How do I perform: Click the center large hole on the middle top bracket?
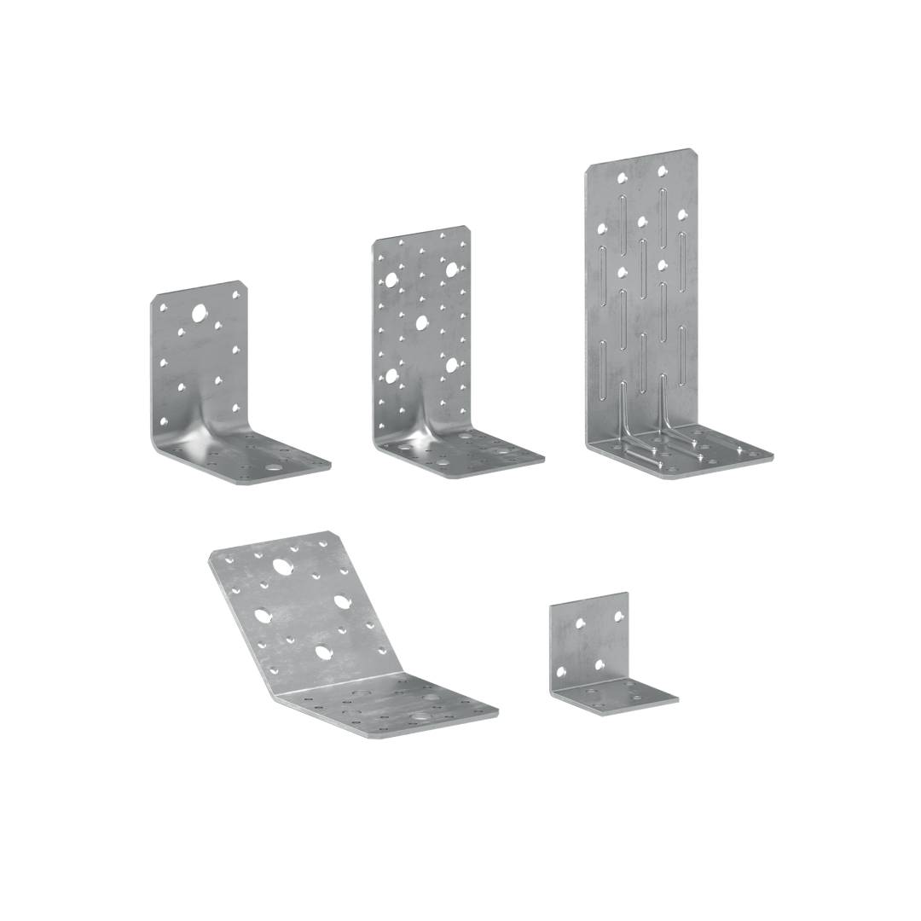(x=420, y=322)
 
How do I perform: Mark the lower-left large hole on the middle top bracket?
(x=391, y=374)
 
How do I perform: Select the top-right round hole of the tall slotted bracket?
(x=662, y=171)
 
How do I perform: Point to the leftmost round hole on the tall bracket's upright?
(x=603, y=228)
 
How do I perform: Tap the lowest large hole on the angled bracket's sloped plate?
(x=323, y=652)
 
